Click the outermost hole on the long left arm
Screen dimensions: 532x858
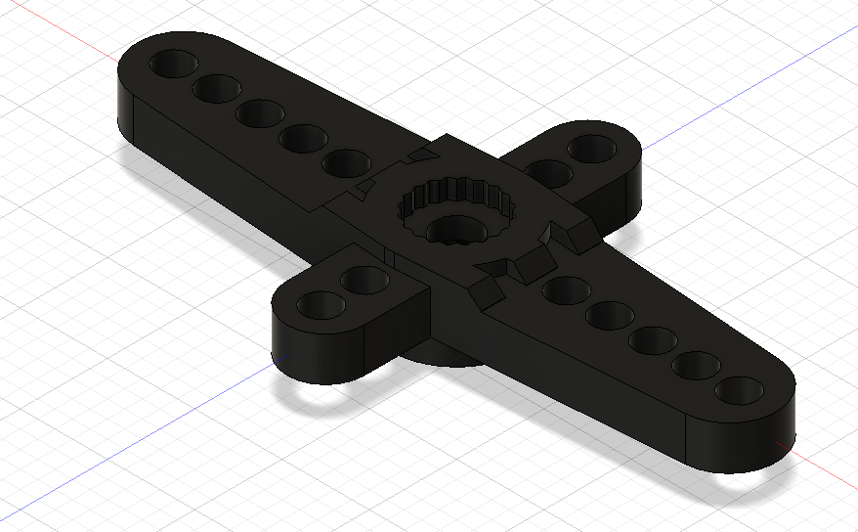pos(173,66)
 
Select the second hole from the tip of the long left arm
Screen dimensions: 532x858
pos(216,89)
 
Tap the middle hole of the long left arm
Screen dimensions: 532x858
pos(259,112)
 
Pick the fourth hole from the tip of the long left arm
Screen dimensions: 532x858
pos(302,139)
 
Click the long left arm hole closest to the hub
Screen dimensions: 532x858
pos(346,163)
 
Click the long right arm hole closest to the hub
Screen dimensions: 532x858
pos(564,289)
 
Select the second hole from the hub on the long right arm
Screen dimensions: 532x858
pos(608,315)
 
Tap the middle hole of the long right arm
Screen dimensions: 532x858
pos(651,340)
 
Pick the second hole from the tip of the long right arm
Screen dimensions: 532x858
pos(695,366)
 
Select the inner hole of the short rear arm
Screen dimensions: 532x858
pos(549,173)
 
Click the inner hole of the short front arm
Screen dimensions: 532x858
pos(365,280)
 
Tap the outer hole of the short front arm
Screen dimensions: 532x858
pos(321,304)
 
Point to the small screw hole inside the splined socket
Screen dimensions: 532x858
pos(451,231)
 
